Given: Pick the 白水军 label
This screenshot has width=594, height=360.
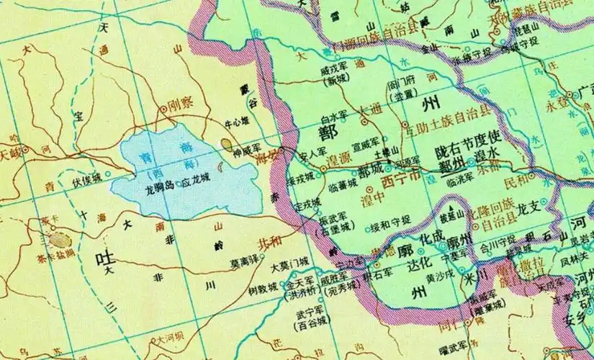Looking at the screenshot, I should point(334,114).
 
